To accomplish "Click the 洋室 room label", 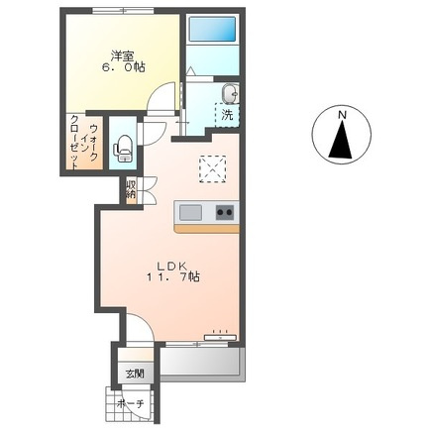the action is [x=122, y=56].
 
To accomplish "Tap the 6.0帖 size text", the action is [x=123, y=68].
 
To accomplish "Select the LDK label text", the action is [x=172, y=266].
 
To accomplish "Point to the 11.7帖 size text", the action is [x=172, y=276].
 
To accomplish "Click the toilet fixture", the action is [x=123, y=149].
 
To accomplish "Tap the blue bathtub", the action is [x=212, y=29].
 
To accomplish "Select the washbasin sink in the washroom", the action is [x=230, y=93].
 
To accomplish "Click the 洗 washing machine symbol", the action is [x=227, y=115].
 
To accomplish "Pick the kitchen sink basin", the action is [x=190, y=213].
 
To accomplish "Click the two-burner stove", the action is [x=225, y=212].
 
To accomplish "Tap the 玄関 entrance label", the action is [x=135, y=375].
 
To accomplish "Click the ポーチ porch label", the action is [x=131, y=404].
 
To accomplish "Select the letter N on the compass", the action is [x=342, y=115].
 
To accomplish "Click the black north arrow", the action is [x=342, y=139].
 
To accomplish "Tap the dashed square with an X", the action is [x=213, y=169].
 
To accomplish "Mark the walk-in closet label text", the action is [x=84, y=143].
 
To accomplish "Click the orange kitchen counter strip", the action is [x=207, y=229].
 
